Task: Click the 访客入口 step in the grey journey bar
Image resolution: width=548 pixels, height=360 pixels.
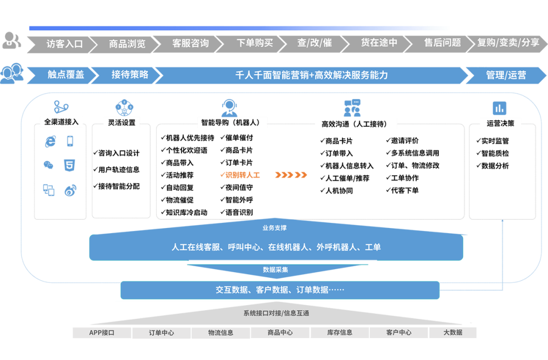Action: point(64,44)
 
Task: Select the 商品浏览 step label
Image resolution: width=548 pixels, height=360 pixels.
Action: point(127,44)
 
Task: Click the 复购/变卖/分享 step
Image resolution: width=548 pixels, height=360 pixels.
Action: point(508,43)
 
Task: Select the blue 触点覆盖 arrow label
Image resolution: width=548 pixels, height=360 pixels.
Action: point(66,75)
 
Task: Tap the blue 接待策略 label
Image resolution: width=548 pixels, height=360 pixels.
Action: point(130,75)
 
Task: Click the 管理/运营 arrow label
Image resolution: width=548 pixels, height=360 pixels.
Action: point(506,75)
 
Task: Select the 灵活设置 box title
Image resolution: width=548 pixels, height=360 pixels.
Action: point(122,122)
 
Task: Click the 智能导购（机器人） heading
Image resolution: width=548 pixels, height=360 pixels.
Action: point(231,122)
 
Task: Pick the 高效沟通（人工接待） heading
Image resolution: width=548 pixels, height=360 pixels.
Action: point(352,123)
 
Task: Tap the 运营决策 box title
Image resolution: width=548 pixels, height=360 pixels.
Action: point(500,123)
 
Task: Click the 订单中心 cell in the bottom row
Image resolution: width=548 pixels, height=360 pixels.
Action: point(161,333)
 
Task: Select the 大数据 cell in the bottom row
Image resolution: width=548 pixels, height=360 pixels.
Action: point(453,333)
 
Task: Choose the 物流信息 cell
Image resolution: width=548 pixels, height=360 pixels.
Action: point(221,333)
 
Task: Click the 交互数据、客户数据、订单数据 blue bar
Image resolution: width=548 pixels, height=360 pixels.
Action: point(280,290)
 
